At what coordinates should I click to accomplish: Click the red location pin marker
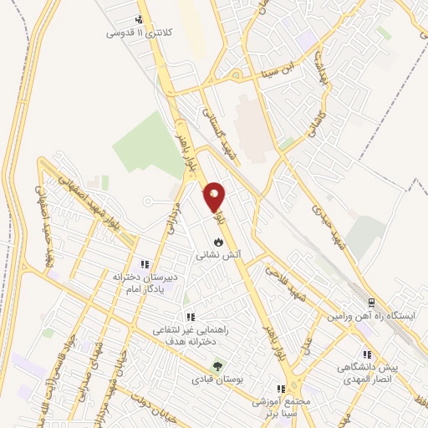215,196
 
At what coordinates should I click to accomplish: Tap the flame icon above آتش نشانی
218,241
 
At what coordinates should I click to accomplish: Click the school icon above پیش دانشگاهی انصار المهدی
365,354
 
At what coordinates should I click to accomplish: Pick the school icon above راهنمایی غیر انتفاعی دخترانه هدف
191,317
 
